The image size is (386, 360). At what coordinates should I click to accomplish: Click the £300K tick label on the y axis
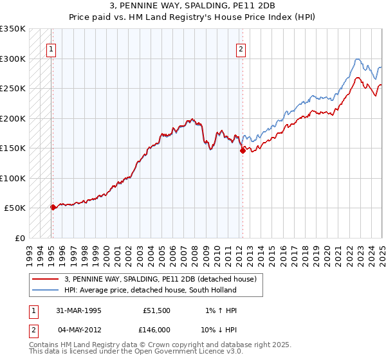[13, 59]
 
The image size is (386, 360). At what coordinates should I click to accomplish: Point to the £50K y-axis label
[15, 208]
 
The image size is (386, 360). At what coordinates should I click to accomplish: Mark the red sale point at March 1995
[53, 207]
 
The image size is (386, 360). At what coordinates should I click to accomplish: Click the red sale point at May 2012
[243, 151]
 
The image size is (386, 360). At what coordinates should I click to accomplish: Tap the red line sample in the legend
[45, 279]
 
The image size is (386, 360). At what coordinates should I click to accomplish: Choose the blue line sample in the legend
[45, 290]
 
